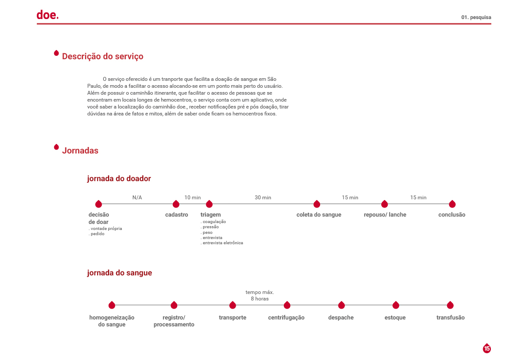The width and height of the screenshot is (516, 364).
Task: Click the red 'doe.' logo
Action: pyautogui.click(x=47, y=15)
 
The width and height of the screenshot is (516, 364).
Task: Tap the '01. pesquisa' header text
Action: pyautogui.click(x=476, y=17)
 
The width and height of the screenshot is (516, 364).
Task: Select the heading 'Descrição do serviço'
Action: pyautogui.click(x=103, y=56)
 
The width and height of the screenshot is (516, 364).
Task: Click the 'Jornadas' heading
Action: pyautogui.click(x=80, y=150)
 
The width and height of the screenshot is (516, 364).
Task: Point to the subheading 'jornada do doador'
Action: pyautogui.click(x=119, y=179)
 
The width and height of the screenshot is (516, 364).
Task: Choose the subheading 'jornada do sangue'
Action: pyautogui.click(x=120, y=273)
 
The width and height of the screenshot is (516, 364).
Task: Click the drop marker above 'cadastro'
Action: pyautogui.click(x=176, y=204)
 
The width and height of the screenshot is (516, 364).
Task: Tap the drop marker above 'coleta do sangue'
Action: pyautogui.click(x=317, y=204)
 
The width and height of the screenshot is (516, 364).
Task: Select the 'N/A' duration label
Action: pyautogui.click(x=137, y=198)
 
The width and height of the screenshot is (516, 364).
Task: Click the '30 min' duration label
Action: pyautogui.click(x=263, y=198)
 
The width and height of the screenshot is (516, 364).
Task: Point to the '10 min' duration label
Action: pyautogui.click(x=193, y=198)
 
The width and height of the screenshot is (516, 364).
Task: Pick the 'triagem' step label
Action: pyautogui.click(x=211, y=214)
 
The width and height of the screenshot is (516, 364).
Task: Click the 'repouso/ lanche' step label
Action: pyautogui.click(x=385, y=214)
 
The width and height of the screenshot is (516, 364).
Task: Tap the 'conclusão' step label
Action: pyautogui.click(x=452, y=214)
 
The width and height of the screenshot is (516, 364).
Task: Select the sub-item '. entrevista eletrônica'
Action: pyautogui.click(x=222, y=243)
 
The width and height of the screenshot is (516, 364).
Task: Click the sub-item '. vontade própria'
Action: pyautogui.click(x=105, y=228)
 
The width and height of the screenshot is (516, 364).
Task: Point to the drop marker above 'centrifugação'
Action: pyautogui.click(x=287, y=305)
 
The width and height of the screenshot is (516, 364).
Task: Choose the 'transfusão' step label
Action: pyautogui.click(x=451, y=317)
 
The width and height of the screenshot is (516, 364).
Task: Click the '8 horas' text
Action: pyautogui.click(x=260, y=299)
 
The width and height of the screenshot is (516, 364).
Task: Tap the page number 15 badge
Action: pyautogui.click(x=487, y=348)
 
